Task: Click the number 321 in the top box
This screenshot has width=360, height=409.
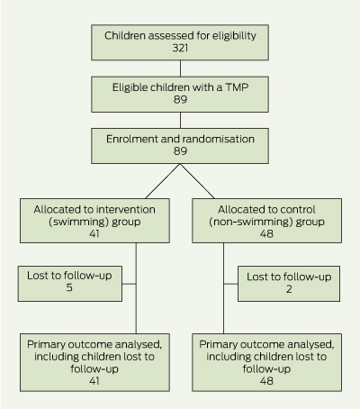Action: [180, 48]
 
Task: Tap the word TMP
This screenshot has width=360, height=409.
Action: [237, 87]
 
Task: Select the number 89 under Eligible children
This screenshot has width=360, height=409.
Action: [180, 100]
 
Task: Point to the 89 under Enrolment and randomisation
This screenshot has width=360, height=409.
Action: [180, 151]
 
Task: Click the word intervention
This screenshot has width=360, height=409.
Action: [126, 210]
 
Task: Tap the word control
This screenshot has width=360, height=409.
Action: [298, 210]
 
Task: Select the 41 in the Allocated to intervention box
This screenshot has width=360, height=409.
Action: [94, 233]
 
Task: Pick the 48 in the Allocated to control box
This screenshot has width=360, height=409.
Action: [266, 233]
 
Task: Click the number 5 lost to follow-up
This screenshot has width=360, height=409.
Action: [69, 287]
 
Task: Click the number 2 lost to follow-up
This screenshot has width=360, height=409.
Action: [289, 289]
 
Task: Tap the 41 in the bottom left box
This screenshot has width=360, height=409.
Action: [94, 381]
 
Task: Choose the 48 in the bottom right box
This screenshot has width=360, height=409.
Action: [266, 381]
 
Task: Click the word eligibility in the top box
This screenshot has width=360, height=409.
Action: [234, 36]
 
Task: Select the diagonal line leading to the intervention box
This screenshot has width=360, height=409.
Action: [163, 181]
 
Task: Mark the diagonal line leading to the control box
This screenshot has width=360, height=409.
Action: [197, 181]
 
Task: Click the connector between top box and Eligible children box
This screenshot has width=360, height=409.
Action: [180, 68]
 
